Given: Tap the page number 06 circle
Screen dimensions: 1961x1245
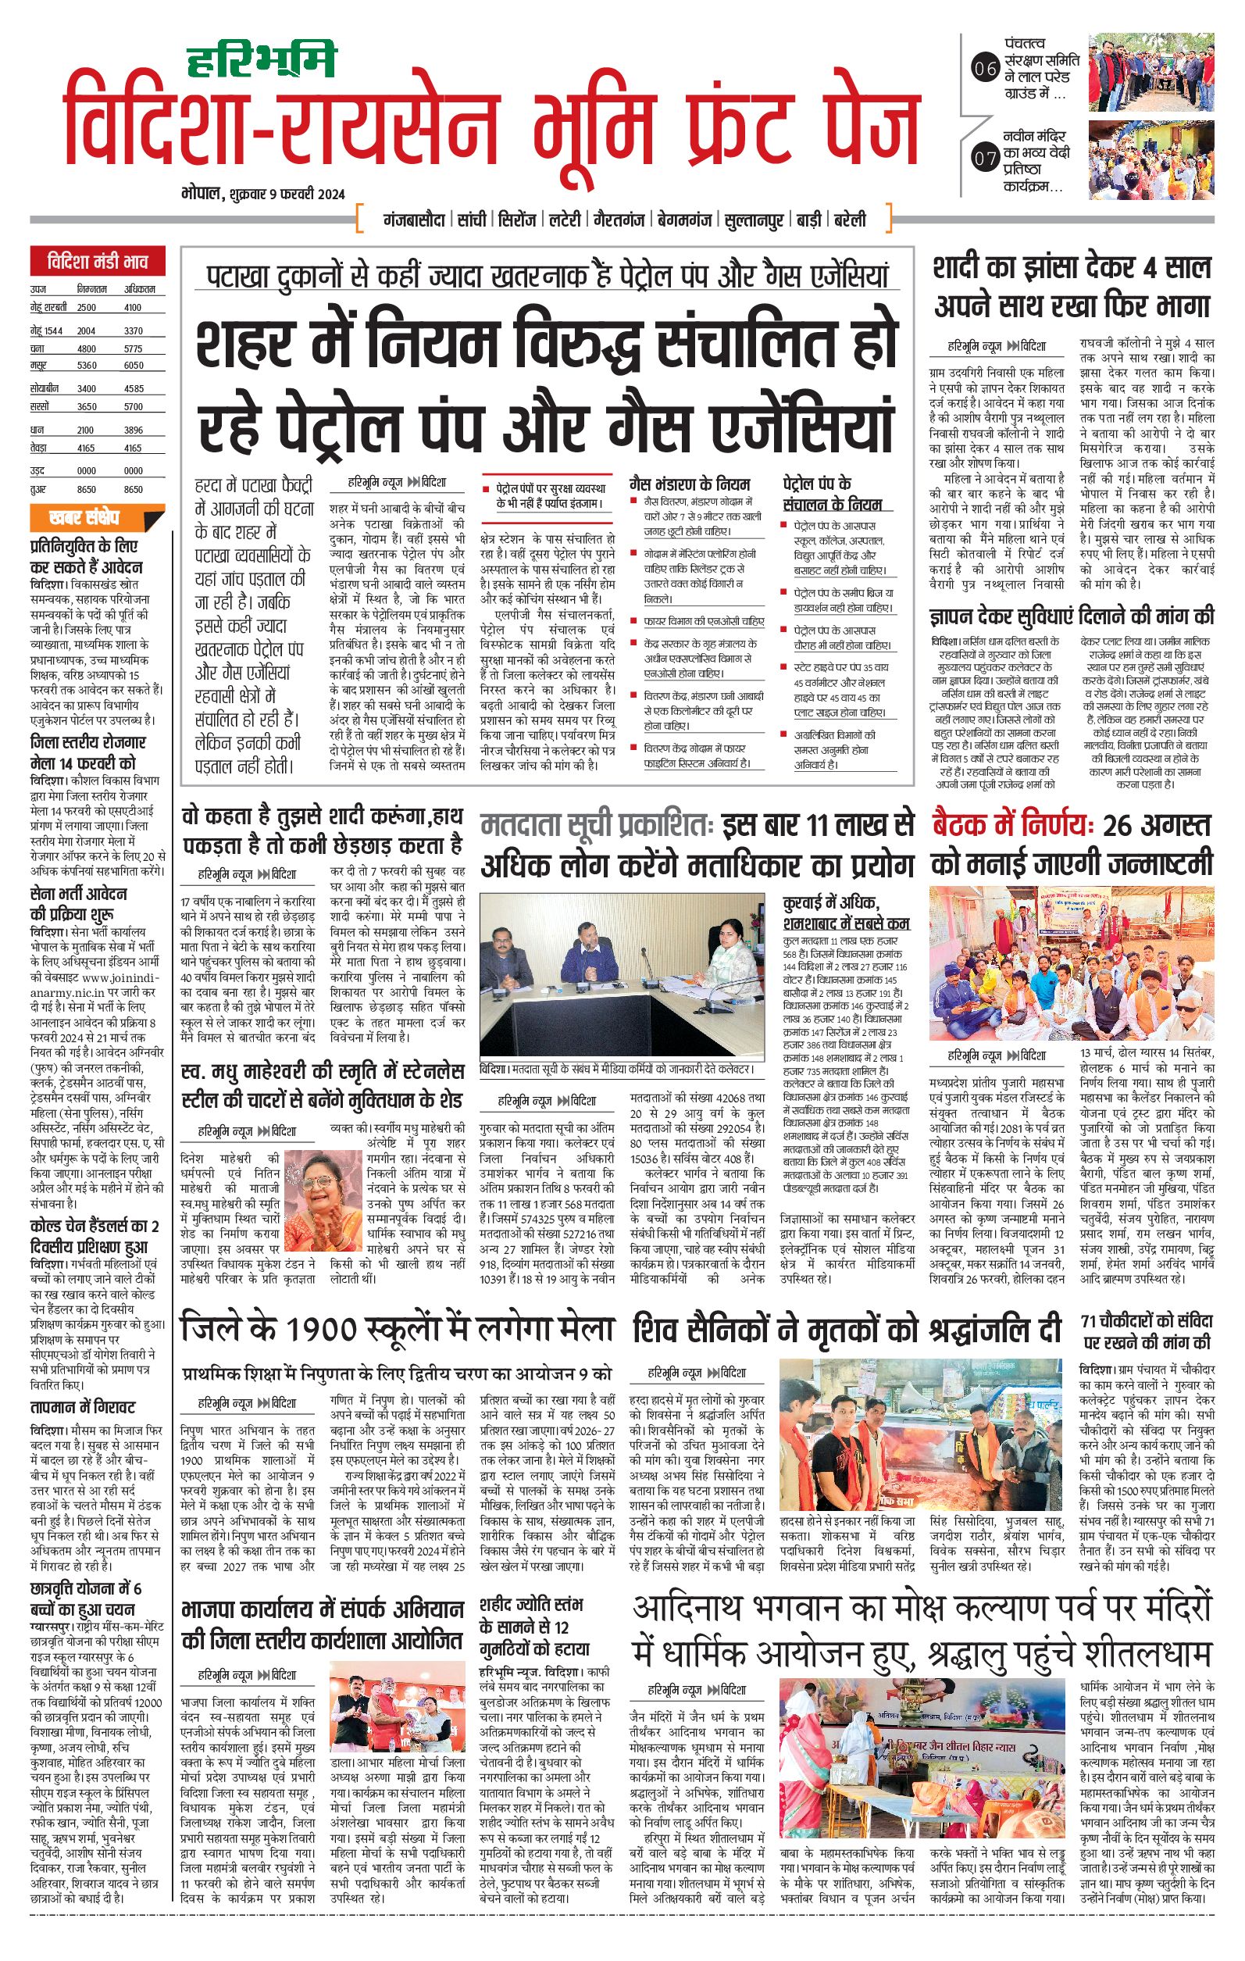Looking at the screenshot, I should (985, 70).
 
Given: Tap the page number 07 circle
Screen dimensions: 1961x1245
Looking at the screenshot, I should (985, 157).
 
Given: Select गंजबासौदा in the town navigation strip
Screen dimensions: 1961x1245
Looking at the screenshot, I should (413, 220).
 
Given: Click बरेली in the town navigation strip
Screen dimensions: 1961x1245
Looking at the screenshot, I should (849, 220).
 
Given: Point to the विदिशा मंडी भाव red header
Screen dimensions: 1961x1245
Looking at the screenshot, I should (98, 263).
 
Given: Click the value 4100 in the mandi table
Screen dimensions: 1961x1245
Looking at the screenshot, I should (133, 308).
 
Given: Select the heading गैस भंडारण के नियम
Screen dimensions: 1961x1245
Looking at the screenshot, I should (690, 484).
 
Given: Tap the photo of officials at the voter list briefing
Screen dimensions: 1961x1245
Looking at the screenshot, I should (622, 976).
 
